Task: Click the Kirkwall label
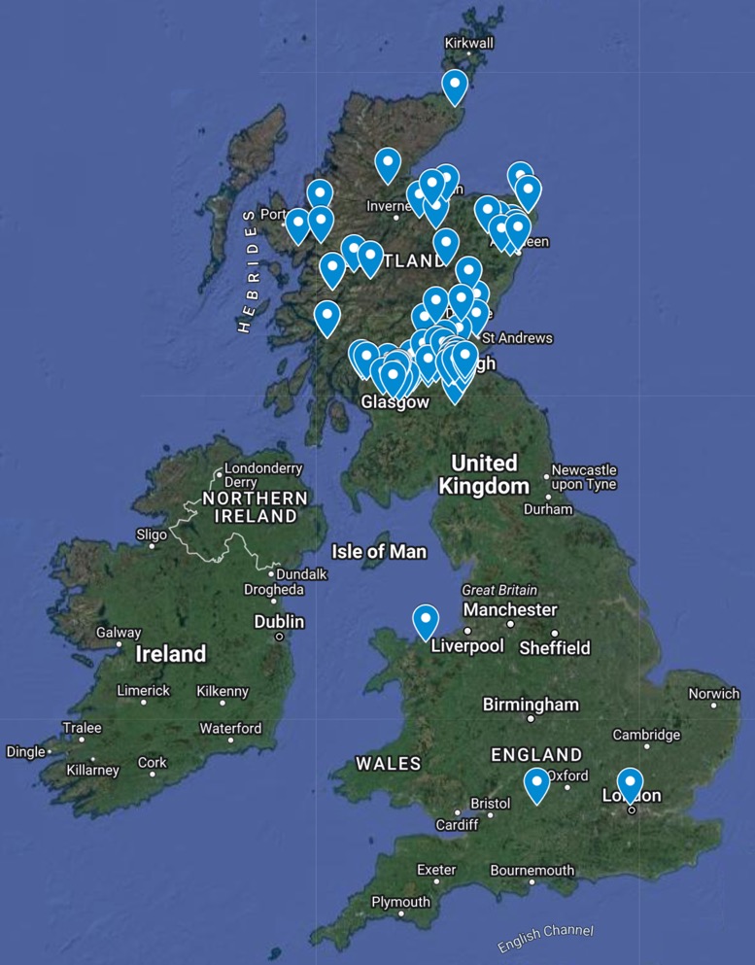[469, 43]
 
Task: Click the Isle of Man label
[379, 552]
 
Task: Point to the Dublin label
[279, 622]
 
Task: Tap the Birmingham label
[531, 705]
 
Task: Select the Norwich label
[714, 694]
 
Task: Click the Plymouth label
[400, 902]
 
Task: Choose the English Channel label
[545, 939]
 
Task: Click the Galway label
[119, 633]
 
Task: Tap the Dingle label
[25, 751]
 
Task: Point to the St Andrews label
[517, 338]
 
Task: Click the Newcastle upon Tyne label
[584, 476]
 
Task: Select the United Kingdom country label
[484, 474]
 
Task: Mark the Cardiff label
[457, 825]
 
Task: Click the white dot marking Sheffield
[555, 634]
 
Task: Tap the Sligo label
[151, 534]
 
